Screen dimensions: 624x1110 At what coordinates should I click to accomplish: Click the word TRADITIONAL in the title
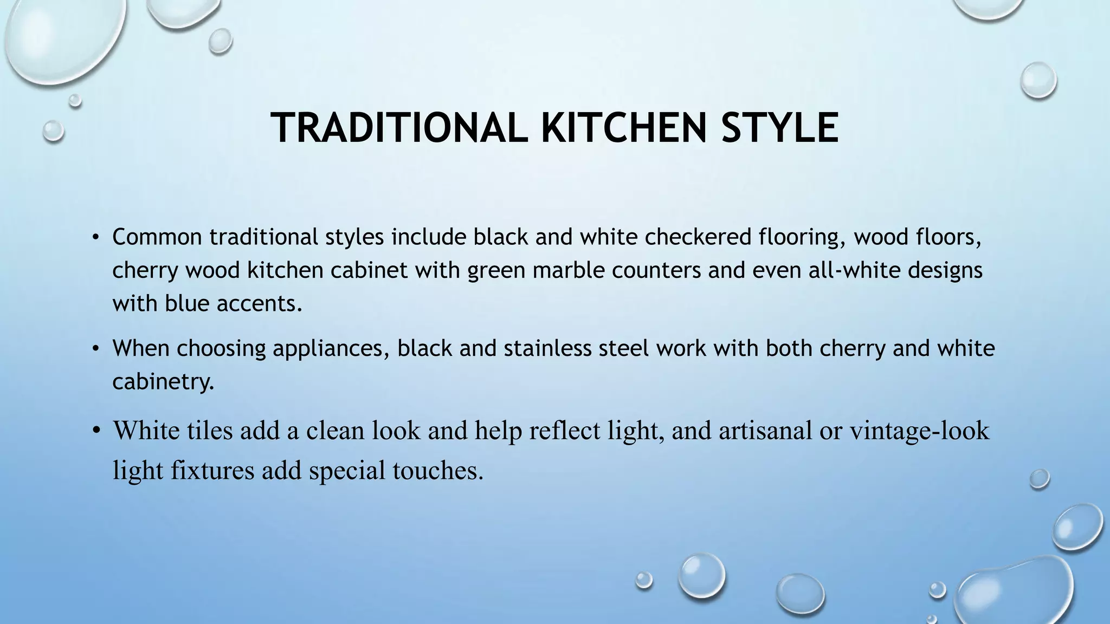[x=398, y=128]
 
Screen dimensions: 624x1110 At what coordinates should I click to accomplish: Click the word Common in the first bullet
[x=157, y=237]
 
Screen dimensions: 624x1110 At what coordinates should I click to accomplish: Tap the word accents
[x=259, y=303]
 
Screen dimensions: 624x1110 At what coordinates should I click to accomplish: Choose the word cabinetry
[x=163, y=382]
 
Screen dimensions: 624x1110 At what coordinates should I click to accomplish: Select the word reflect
[x=564, y=431]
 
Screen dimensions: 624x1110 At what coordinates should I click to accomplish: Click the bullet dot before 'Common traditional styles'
[x=96, y=237]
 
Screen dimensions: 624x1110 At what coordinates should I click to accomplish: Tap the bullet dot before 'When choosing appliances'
[x=96, y=348]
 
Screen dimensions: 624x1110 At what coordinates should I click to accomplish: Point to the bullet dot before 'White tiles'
[x=96, y=431]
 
